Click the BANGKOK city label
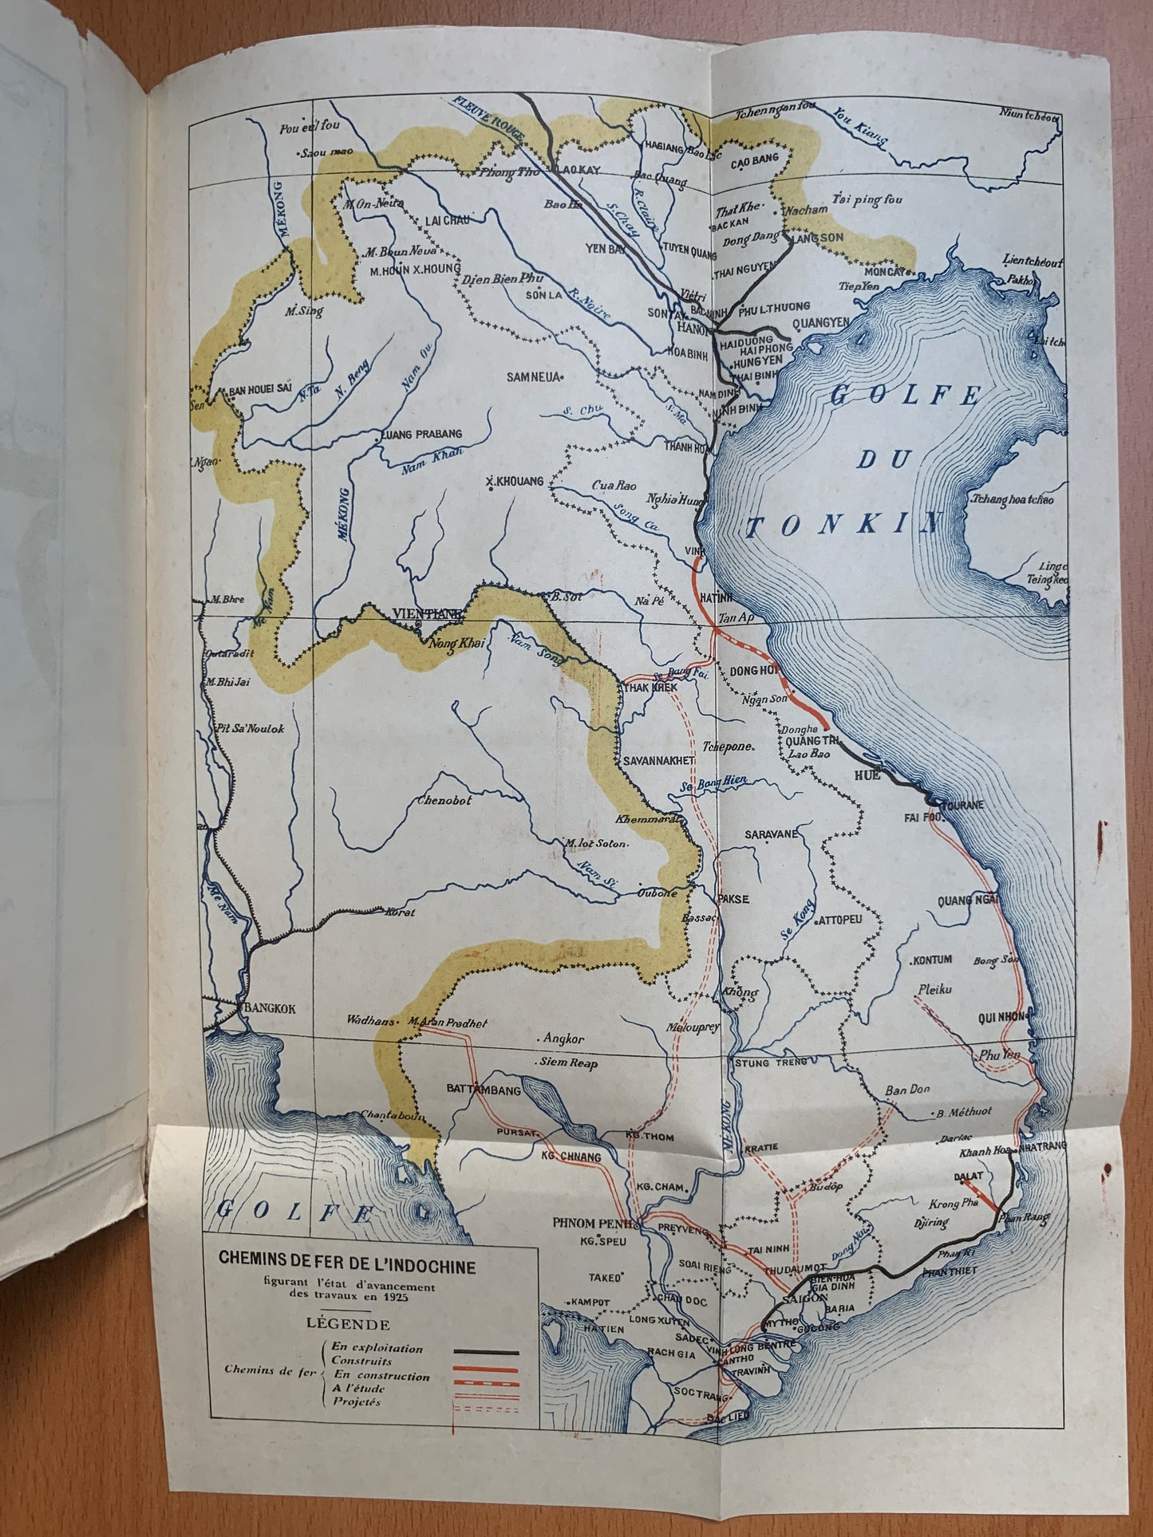pos(270,1008)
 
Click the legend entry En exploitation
pos(377,1348)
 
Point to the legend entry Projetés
pos(357,1401)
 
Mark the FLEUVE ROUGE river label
pos(487,117)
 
